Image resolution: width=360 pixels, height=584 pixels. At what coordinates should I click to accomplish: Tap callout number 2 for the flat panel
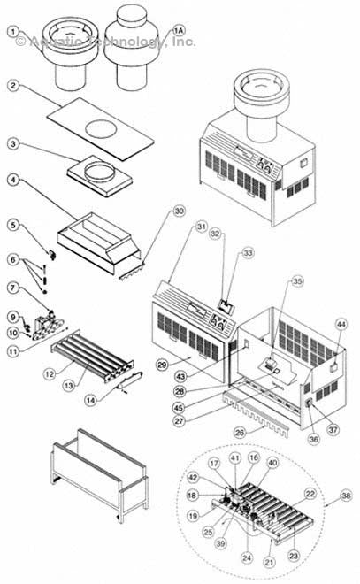point(14,86)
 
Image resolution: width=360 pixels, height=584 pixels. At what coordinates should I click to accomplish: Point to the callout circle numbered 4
point(14,181)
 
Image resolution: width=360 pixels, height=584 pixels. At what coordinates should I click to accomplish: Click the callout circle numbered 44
point(340,326)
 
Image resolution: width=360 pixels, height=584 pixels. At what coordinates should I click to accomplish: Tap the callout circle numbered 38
point(346,496)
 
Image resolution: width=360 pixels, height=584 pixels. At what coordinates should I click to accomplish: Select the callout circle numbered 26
point(239,432)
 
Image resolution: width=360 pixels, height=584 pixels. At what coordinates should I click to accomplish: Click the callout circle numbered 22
point(310,493)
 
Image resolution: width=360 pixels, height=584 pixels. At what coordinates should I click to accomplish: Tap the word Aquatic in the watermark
point(59,41)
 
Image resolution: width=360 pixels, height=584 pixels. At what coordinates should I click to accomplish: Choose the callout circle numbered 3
point(14,142)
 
